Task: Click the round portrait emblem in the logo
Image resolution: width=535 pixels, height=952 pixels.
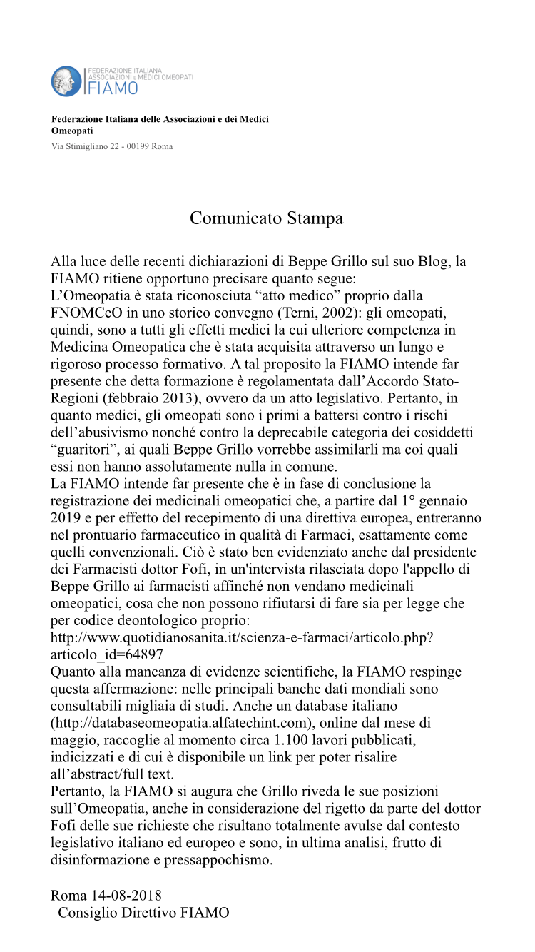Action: pyautogui.click(x=67, y=81)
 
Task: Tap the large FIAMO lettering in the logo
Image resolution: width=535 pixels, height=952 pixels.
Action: pyautogui.click(x=113, y=88)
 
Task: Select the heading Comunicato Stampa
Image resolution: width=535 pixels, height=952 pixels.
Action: pyautogui.click(x=266, y=218)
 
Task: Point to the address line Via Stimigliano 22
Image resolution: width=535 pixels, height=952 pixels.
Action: pyautogui.click(x=112, y=146)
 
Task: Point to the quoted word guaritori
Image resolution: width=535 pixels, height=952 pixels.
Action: pyautogui.click(x=89, y=450)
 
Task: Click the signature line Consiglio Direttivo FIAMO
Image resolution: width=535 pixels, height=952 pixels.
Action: pyautogui.click(x=143, y=912)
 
